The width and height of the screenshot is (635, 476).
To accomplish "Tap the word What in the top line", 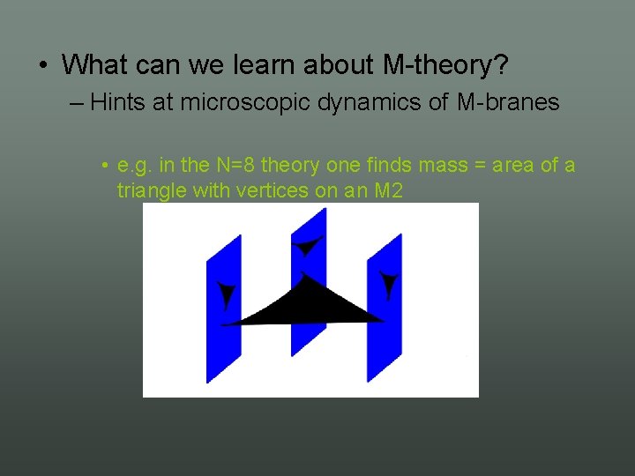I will tap(95, 64).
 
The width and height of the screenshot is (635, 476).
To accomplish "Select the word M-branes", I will tap(508, 102).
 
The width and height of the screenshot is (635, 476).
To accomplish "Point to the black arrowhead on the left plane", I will tap(228, 294).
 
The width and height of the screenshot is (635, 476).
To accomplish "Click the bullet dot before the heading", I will tap(43, 65).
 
